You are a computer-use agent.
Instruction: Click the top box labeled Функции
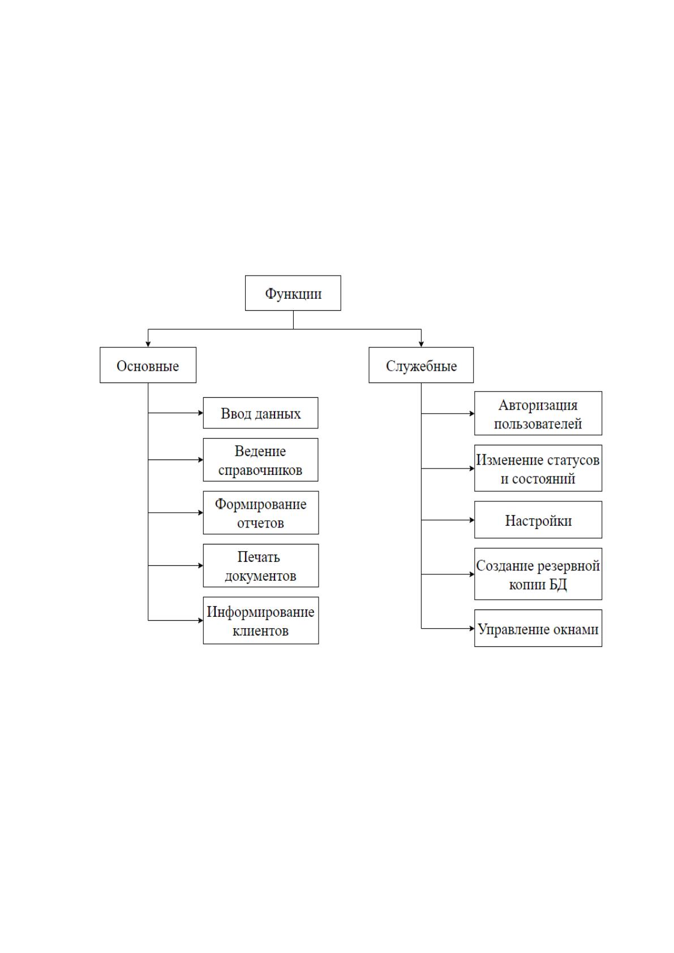pos(293,293)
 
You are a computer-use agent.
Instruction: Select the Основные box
pos(148,365)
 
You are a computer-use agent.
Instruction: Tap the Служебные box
pos(421,365)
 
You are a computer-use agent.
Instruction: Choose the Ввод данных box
pos(260,413)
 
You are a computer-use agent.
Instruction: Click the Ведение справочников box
pos(260,460)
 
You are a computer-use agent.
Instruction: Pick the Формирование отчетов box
pos(261,513)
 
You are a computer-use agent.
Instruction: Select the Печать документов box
pos(261,565)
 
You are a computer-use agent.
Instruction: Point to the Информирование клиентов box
pos(261,620)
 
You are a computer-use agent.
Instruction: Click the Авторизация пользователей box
pos(538,413)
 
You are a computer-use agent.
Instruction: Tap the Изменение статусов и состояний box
pos(538,468)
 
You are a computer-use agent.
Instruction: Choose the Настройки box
pos(538,520)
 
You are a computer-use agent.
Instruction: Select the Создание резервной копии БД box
pos(538,574)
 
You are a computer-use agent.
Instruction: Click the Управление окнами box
pos(538,628)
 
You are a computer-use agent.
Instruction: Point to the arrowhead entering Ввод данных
pos(201,413)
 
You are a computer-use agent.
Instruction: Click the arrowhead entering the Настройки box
pos(473,520)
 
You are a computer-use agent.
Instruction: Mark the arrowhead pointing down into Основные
pos(148,345)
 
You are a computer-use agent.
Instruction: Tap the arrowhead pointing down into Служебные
pos(421,345)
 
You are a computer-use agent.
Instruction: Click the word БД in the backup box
pos(558,585)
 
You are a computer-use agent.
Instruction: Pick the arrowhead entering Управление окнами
pos(473,628)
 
